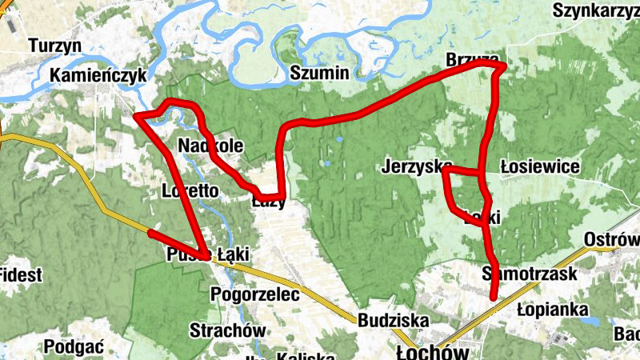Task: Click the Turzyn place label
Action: pos(55,46)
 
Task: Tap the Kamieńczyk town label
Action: pos(99,75)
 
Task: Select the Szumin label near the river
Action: pos(319,74)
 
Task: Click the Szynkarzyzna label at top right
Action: pos(596,10)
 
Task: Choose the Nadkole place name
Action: pos(210,146)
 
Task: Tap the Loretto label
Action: pos(190,191)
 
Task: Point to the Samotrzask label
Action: pos(530,274)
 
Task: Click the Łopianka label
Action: pos(553,309)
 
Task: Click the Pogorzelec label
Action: pos(254,294)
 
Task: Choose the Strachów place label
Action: pos(227,330)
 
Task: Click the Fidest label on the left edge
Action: pos(21,275)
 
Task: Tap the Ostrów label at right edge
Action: pos(613,240)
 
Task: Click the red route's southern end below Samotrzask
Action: pos(494,298)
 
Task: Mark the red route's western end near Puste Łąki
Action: pos(150,232)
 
